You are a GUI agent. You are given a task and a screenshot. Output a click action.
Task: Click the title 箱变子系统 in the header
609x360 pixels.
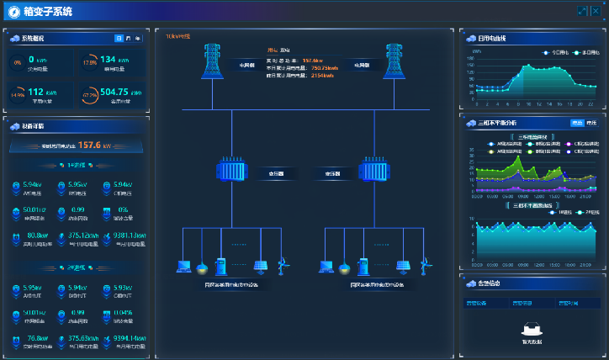tap(48, 12)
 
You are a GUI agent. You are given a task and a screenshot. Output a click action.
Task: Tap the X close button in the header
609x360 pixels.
tap(595, 11)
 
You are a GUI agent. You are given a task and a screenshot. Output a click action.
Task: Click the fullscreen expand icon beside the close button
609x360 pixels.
tap(581, 11)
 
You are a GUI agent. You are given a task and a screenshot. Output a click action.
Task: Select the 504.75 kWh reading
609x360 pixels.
tap(119, 93)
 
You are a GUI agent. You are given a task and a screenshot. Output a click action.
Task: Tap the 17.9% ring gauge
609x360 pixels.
tap(89, 62)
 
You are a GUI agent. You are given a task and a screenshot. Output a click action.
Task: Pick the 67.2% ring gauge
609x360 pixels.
tap(89, 95)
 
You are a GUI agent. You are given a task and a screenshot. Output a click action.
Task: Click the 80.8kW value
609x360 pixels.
tap(38, 236)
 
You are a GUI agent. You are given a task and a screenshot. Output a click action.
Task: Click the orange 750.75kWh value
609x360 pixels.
tap(325, 68)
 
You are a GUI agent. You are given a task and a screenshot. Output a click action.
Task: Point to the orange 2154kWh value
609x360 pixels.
tap(324, 76)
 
